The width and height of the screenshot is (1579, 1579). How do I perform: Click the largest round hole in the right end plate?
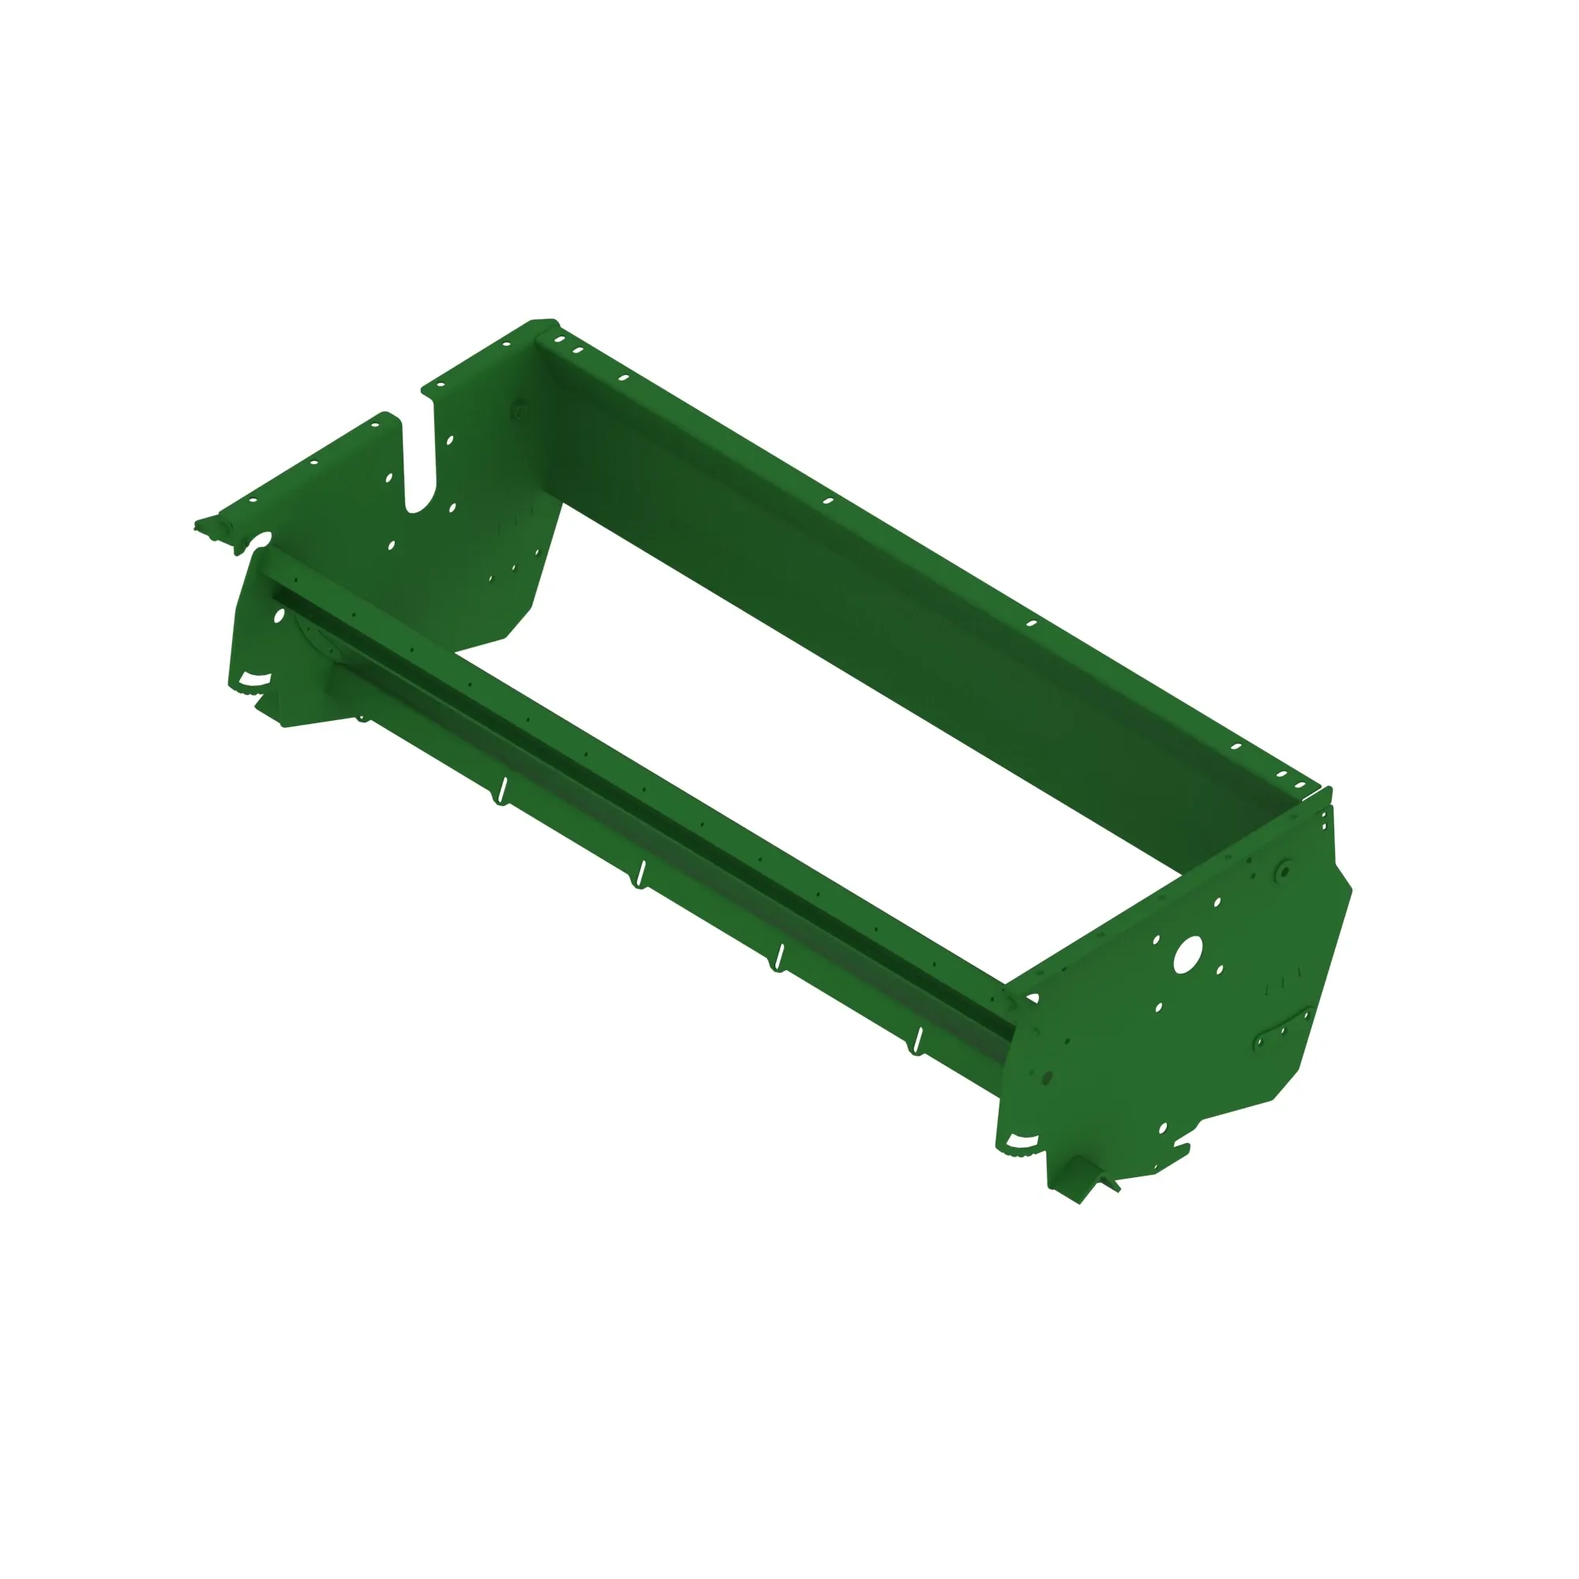click(1187, 955)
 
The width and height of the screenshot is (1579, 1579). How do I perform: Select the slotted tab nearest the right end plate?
click(918, 1041)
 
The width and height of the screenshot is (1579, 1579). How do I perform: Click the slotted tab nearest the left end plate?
click(502, 790)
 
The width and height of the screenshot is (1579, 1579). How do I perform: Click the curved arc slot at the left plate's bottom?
click(255, 677)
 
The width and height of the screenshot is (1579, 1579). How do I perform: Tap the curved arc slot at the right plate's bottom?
click(1021, 1138)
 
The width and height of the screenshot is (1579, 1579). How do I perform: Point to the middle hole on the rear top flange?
click(827, 501)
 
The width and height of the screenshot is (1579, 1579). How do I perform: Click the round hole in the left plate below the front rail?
click(279, 617)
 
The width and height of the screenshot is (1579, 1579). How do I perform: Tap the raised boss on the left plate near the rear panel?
click(516, 410)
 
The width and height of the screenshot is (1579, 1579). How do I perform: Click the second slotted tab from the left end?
click(641, 874)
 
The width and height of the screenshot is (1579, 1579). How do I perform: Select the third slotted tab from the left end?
click(779, 956)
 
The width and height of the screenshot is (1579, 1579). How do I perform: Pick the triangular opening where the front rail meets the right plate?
click(1031, 999)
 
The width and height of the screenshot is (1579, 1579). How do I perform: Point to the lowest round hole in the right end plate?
click(1163, 1129)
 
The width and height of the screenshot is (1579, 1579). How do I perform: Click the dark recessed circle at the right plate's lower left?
click(1047, 1078)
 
